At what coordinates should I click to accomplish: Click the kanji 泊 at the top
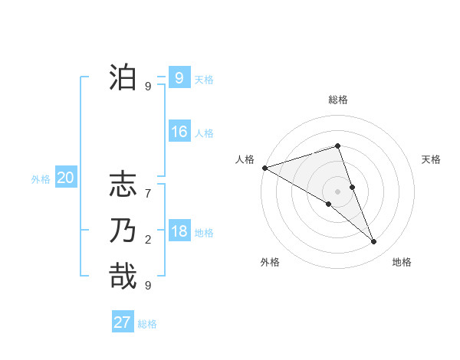[x=123, y=78]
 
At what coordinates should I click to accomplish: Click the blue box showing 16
[x=179, y=132]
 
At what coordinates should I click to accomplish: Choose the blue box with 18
[x=179, y=231]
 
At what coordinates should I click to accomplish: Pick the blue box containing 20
[x=65, y=178]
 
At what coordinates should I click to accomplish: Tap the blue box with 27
[x=123, y=322]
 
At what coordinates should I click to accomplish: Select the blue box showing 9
[x=179, y=77]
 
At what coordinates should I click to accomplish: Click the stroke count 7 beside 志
[x=148, y=194]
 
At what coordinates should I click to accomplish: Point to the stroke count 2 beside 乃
[x=148, y=240]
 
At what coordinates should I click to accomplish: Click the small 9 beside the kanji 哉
[x=148, y=285]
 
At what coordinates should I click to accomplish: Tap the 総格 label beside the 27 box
[x=147, y=324]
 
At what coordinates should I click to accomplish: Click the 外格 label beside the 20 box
[x=41, y=179]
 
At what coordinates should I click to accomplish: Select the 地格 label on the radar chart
[x=402, y=263]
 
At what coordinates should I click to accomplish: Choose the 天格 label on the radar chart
[x=432, y=159]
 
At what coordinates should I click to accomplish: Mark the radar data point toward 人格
[x=264, y=168]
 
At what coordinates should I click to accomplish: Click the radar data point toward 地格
[x=374, y=242]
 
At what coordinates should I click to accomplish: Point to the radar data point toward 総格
[x=337, y=146]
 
